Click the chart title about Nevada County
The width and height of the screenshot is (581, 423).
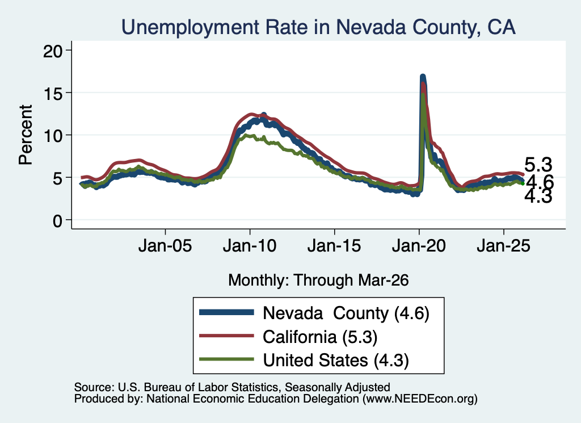coord(318,27)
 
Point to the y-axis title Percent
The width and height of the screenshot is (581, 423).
coord(26,135)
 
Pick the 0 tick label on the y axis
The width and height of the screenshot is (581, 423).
coord(57,221)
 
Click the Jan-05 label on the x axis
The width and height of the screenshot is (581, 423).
coord(165,246)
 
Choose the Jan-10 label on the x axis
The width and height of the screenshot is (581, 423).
coord(250,246)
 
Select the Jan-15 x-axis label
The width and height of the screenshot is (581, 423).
coord(334,246)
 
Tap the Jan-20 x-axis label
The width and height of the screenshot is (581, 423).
coord(419,246)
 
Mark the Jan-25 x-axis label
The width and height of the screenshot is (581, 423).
coord(504,246)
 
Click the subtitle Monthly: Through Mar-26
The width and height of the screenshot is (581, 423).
coord(318,280)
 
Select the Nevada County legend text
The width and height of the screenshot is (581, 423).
coord(346,313)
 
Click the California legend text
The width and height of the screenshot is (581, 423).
coord(320,337)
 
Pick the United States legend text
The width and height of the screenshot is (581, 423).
coord(336,360)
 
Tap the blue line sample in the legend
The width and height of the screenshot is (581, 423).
coord(226,312)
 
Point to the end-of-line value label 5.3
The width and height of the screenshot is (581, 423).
coord(538,165)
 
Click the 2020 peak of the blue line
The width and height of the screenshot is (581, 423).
coord(422,77)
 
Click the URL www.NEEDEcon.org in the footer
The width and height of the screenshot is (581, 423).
coord(418,399)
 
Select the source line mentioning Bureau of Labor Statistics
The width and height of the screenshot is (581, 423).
coord(232,387)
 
